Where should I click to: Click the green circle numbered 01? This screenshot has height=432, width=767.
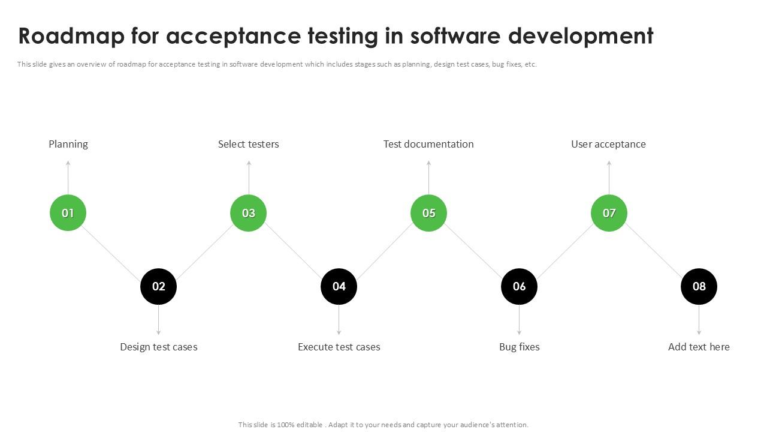[x=68, y=213]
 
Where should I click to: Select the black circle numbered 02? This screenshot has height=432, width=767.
[x=158, y=286]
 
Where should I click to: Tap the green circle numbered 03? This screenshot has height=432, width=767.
[x=248, y=213]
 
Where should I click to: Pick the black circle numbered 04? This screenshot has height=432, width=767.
[x=339, y=286]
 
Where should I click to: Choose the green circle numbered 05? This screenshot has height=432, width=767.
[x=428, y=213]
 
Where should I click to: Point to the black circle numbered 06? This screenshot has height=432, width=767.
[x=519, y=286]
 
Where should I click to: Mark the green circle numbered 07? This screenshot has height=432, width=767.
[x=609, y=213]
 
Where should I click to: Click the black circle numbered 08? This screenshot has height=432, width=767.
[x=699, y=286]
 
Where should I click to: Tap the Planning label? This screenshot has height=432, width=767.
[x=68, y=144]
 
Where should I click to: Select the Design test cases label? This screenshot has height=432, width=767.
[x=158, y=347]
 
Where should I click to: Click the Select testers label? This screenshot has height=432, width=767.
[x=248, y=144]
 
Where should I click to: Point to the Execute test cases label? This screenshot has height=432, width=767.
[x=339, y=347]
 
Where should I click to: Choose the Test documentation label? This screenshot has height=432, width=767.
[x=428, y=144]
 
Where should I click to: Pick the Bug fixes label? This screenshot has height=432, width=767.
[x=519, y=347]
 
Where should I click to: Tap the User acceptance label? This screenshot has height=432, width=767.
[x=608, y=144]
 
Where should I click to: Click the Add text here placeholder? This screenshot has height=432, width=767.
[x=699, y=347]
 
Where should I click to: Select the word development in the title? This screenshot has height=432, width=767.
[x=581, y=36]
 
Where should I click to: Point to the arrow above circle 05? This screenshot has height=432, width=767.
[x=428, y=178]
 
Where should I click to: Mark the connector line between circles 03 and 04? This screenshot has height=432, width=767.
[x=294, y=250]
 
